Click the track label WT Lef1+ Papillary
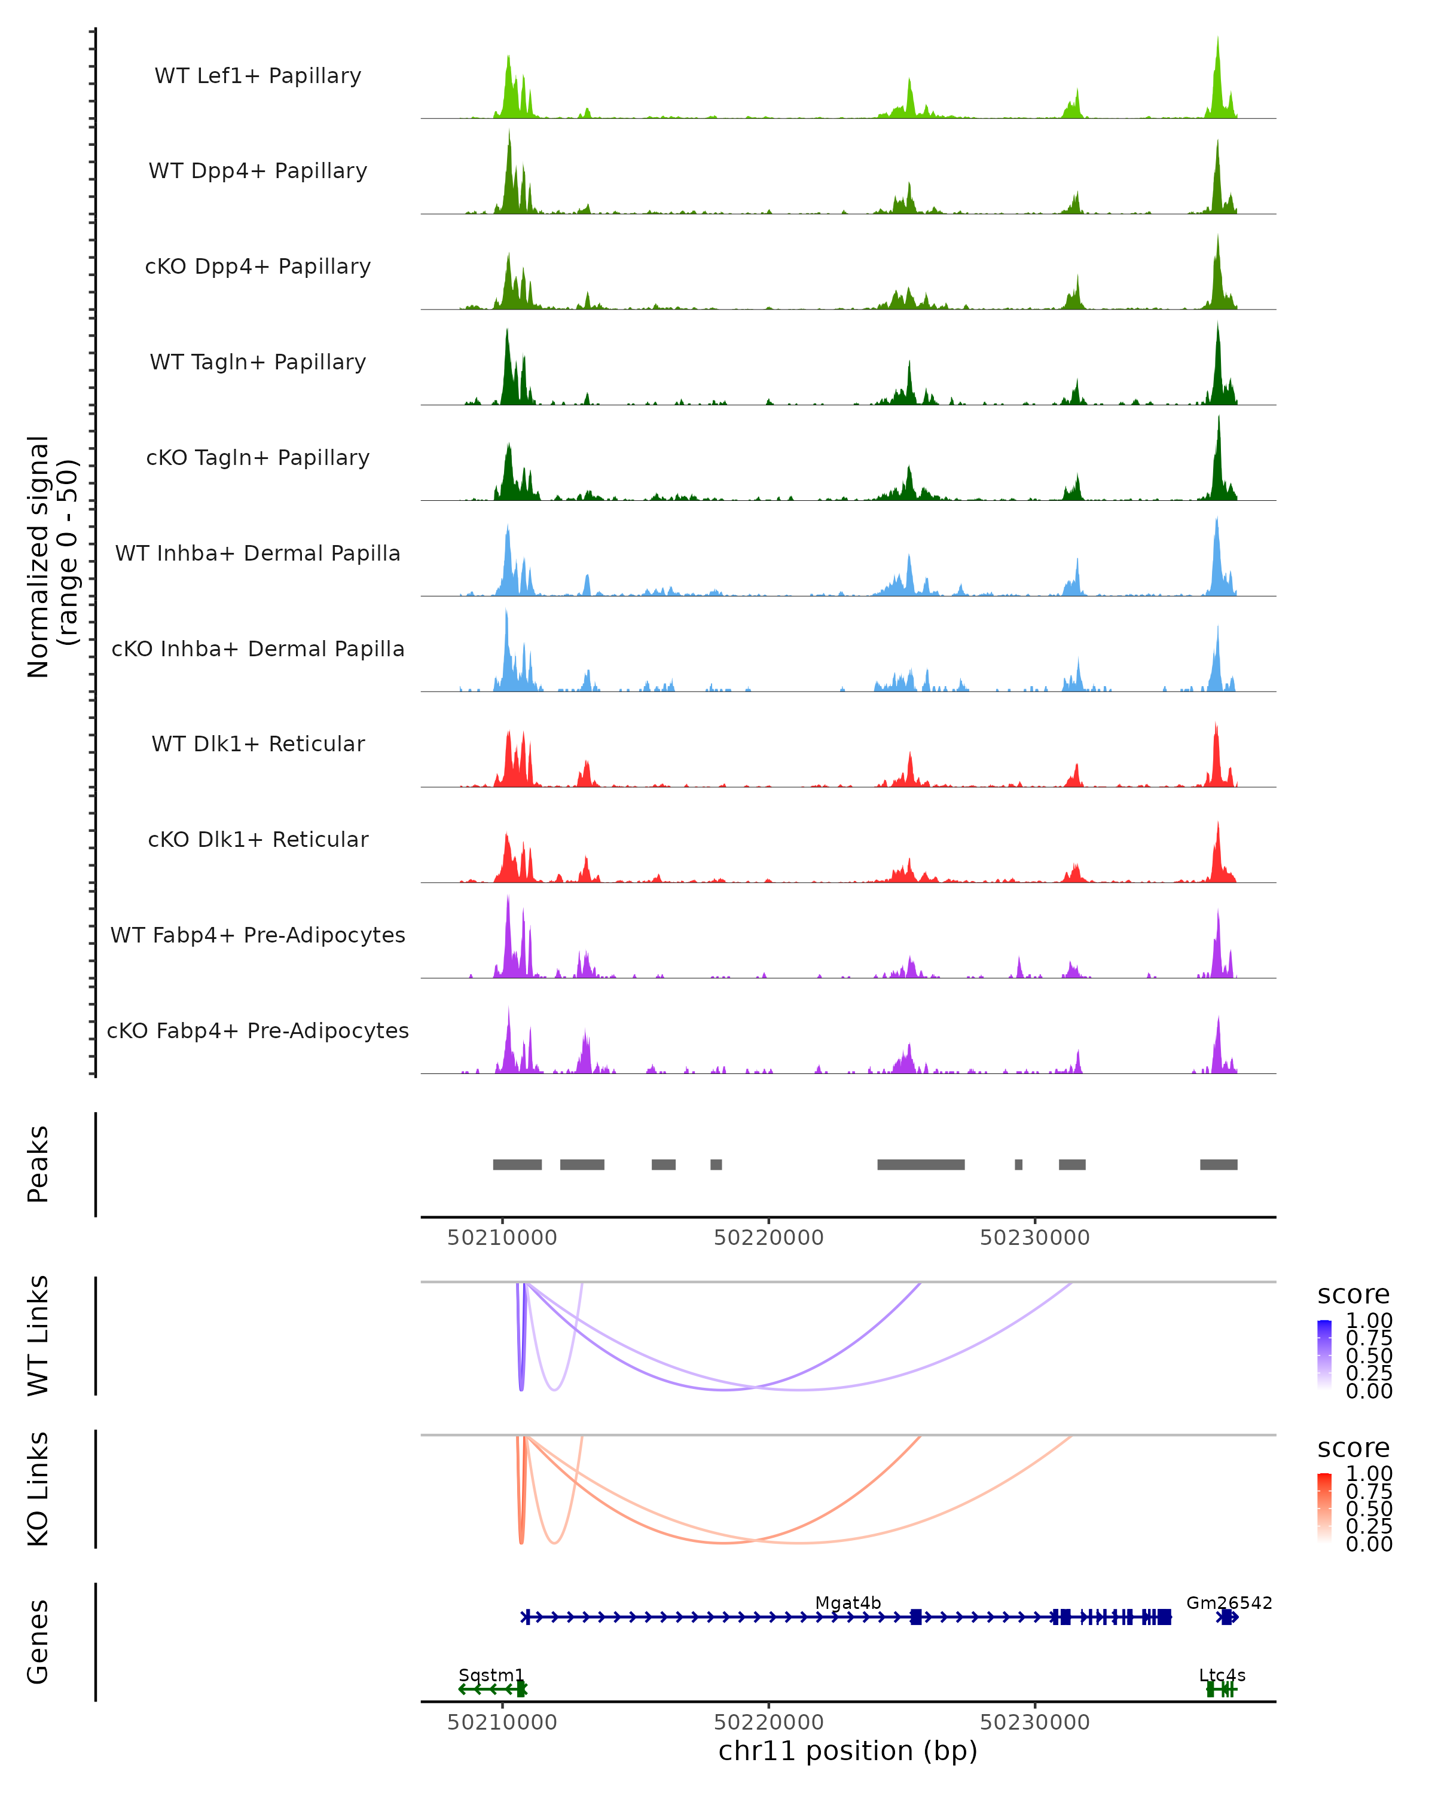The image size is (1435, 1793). click(258, 76)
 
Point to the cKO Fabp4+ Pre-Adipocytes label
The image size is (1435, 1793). click(258, 1030)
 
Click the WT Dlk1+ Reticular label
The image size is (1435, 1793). click(258, 743)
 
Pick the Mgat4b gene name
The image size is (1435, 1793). click(848, 1602)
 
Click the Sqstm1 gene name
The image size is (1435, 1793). click(491, 1675)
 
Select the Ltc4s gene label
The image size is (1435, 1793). click(1222, 1675)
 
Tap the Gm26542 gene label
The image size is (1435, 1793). click(1229, 1602)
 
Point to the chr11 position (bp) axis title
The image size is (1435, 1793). click(848, 1751)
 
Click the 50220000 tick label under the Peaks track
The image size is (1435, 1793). click(769, 1238)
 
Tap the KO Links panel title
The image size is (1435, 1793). click(38, 1489)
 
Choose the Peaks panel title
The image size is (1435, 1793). click(38, 1164)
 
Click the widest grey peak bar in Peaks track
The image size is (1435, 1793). click(921, 1164)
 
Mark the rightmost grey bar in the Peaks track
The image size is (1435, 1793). click(1218, 1164)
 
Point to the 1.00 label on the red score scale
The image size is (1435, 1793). click(1369, 1474)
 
